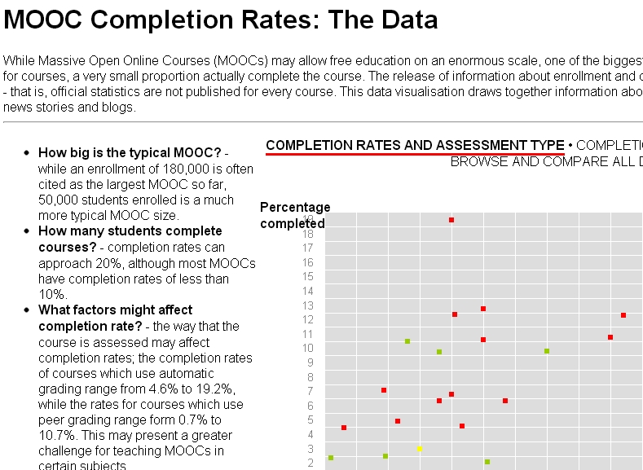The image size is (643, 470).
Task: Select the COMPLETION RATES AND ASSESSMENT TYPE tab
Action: [x=415, y=146]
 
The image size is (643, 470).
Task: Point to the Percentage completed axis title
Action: [x=294, y=215]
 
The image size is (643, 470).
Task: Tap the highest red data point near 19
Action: [x=451, y=220]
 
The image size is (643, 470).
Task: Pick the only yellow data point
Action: [x=420, y=449]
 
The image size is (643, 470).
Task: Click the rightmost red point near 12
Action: [x=623, y=315]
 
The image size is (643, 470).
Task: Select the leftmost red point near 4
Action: [x=344, y=428]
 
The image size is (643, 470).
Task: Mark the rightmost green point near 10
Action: [x=547, y=351]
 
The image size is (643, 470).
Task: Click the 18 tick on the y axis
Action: [x=308, y=234]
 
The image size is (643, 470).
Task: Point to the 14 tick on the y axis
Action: [x=308, y=291]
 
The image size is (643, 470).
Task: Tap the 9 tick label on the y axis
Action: [x=310, y=362]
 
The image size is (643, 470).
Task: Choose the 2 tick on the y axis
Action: [x=310, y=463]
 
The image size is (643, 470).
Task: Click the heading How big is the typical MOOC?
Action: [x=130, y=152]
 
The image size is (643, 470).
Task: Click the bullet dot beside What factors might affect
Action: [x=27, y=310]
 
